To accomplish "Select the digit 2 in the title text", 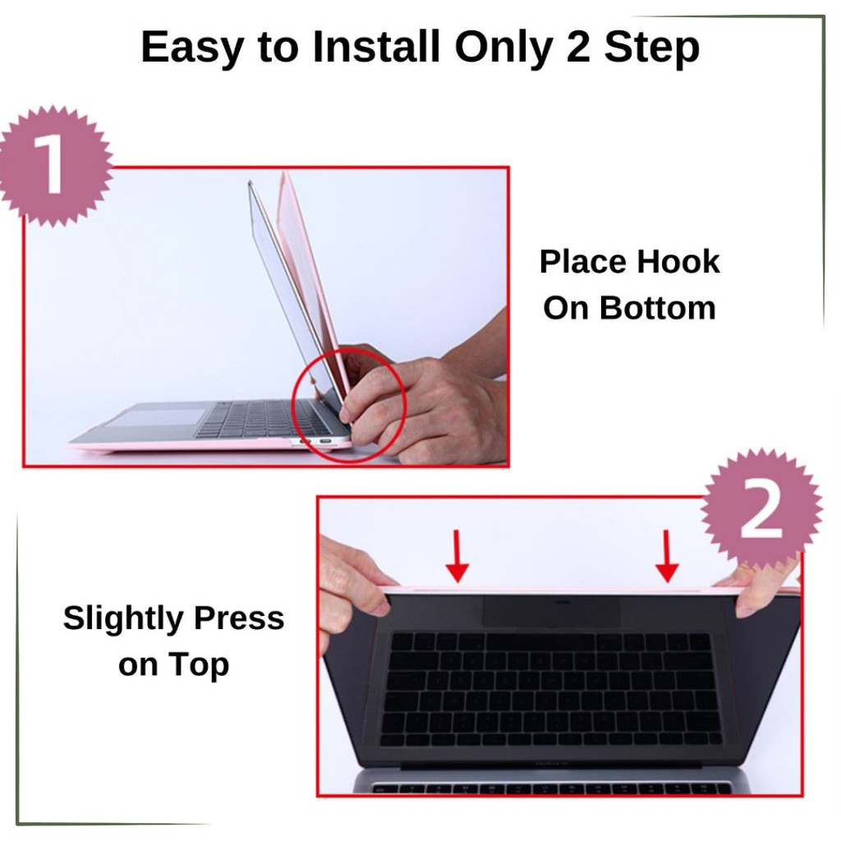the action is point(578,46).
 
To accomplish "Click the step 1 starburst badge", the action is point(53,165).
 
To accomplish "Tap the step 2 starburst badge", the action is point(761,509).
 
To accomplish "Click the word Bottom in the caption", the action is point(658,308).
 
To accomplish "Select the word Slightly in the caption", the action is point(123,619).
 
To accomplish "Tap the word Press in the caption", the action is point(239,618).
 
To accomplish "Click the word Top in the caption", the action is point(199,665).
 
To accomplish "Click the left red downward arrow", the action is point(457,556).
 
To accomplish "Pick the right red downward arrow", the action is point(667,556).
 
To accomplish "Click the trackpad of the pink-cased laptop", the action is point(155,417).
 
